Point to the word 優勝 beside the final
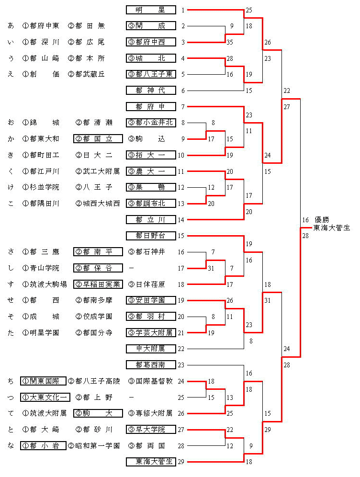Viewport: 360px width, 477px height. tap(323, 220)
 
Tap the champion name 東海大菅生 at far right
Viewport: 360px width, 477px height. tap(332, 228)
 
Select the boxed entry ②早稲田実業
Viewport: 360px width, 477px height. tap(98, 284)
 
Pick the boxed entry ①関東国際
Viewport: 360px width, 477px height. tap(44, 381)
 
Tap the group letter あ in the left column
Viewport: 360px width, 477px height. tap(11, 26)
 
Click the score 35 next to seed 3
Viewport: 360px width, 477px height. tap(230, 43)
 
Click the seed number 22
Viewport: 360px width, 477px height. tap(180, 349)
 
